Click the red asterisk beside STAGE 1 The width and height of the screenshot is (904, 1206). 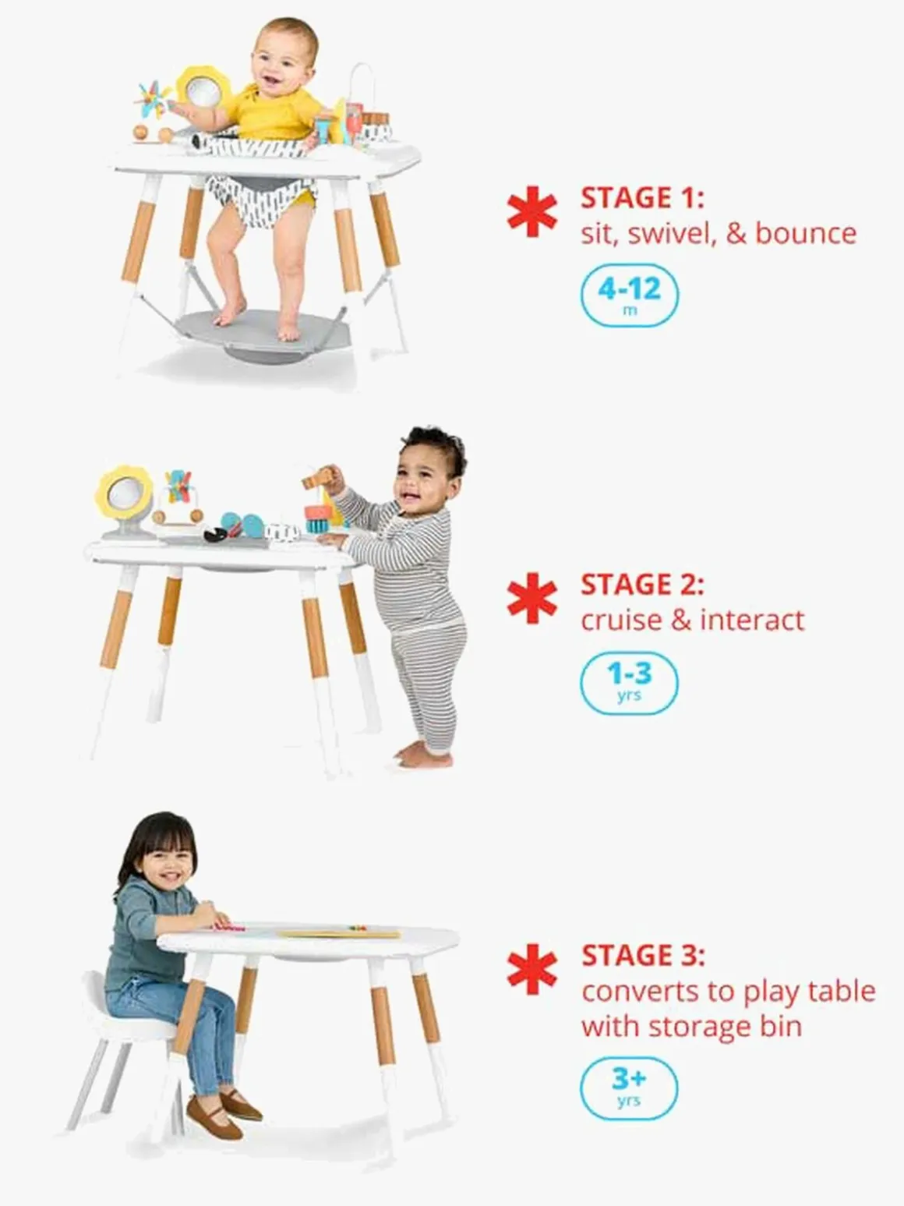(x=532, y=212)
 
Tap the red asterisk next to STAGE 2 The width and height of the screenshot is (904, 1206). (x=532, y=598)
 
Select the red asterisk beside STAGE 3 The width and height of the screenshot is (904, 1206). (x=532, y=969)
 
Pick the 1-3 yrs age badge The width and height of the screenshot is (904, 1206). (x=629, y=683)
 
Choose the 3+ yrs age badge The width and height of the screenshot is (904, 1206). (x=629, y=1087)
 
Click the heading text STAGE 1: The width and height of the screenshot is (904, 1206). (x=642, y=198)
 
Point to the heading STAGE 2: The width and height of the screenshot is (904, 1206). (x=642, y=585)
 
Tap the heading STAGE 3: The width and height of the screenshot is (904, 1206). (x=643, y=956)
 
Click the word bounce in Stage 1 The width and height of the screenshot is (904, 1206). (x=806, y=233)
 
